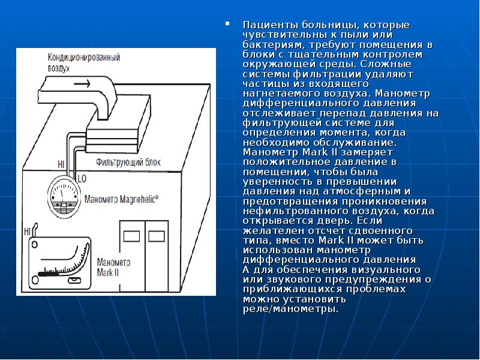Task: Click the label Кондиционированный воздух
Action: pos(83,63)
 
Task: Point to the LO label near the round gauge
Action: pos(82,178)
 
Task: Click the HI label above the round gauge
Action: pos(61,163)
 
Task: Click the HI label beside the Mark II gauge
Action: pos(26,231)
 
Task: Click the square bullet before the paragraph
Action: pos(227,25)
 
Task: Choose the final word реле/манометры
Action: pos(290,310)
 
